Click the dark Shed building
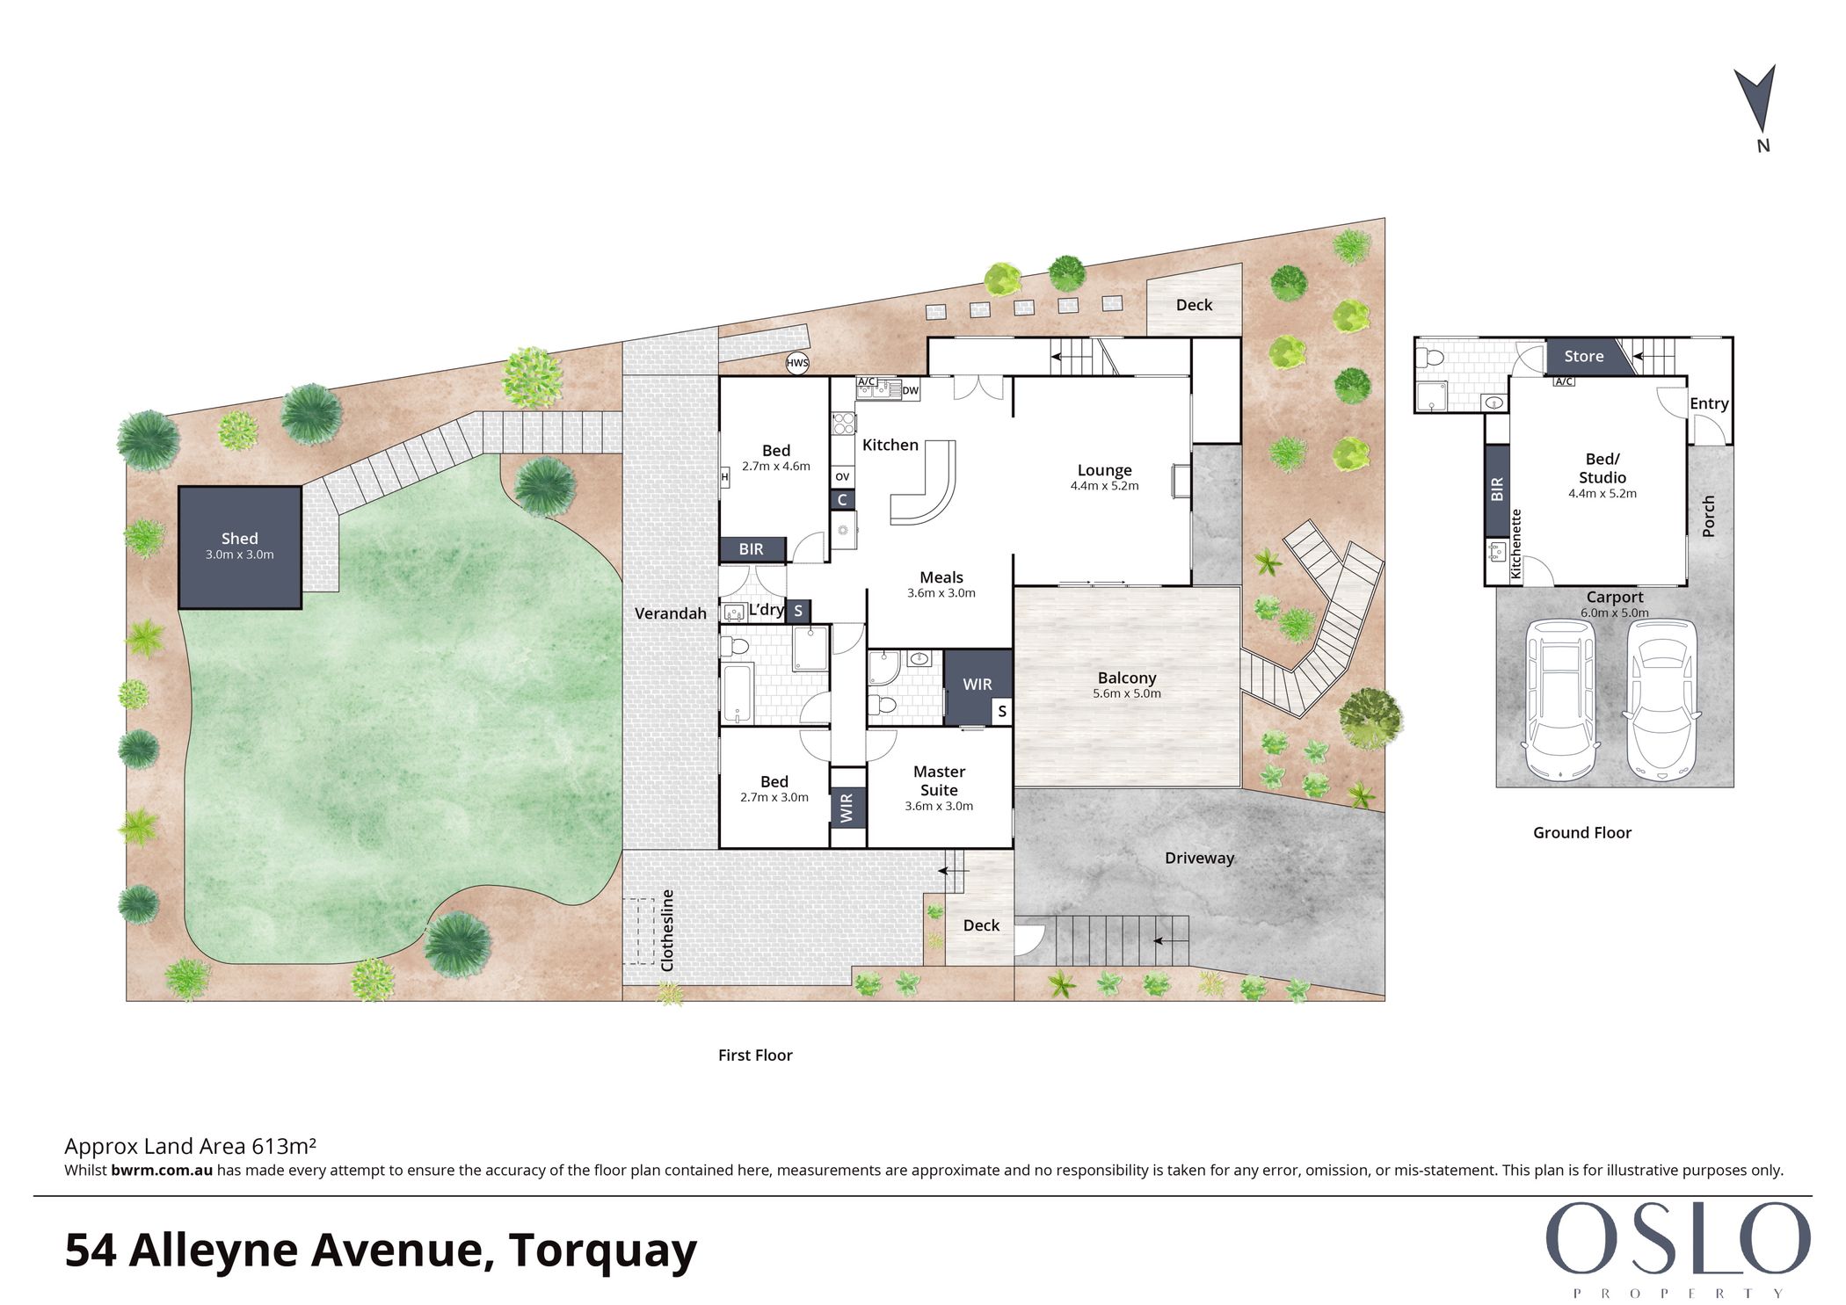[x=240, y=547]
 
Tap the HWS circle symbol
[x=797, y=363]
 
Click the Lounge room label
[x=1104, y=470]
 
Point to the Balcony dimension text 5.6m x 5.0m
[x=1127, y=693]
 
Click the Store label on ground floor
[x=1583, y=356]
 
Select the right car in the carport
[x=1660, y=700]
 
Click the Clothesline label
[x=667, y=931]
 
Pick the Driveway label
[x=1199, y=858]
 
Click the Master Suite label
[x=939, y=780]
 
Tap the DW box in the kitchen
[x=910, y=390]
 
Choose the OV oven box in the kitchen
[x=842, y=477]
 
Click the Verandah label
[x=670, y=613]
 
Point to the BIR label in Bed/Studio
[x=1497, y=489]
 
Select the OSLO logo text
[x=1678, y=1238]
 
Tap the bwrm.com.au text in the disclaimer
[x=162, y=1171]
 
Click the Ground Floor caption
[x=1581, y=832]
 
